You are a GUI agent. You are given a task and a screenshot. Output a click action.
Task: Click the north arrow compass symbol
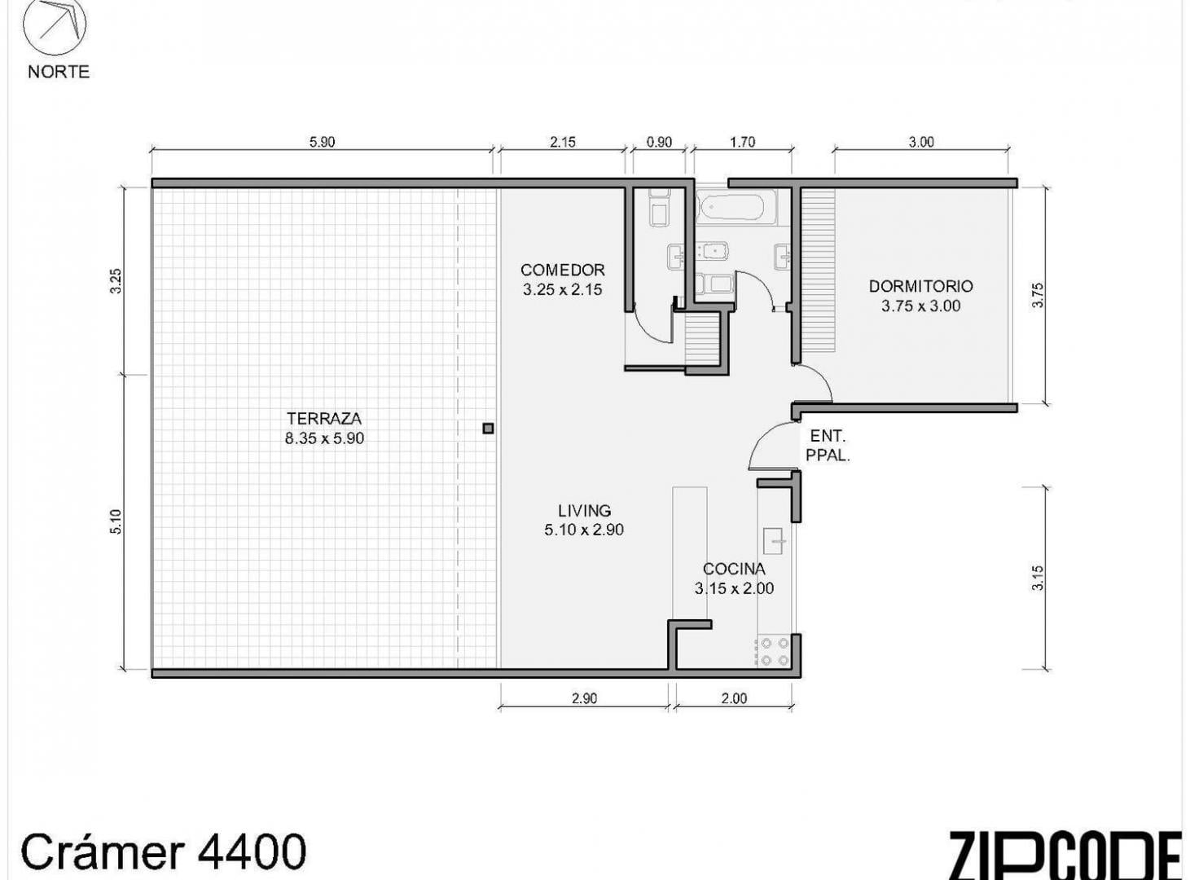[55, 24]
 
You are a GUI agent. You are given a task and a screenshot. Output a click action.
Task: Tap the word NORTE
[59, 72]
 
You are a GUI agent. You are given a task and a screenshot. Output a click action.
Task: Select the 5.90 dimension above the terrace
[322, 143]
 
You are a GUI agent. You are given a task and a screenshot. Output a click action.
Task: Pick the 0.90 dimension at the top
[659, 143]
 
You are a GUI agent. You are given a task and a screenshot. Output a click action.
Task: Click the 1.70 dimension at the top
[743, 143]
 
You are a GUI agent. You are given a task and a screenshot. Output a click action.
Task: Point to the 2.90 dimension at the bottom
[584, 698]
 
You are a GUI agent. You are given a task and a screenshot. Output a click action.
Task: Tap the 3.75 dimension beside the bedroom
[1039, 295]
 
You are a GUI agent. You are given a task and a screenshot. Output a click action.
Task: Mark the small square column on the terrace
[488, 429]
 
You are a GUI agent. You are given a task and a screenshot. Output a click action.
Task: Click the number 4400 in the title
[252, 852]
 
